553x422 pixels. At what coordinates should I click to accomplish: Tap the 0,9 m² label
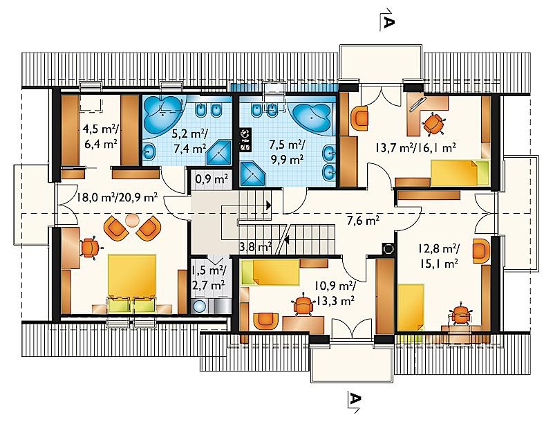pos(212,179)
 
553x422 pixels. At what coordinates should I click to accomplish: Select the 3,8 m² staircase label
pos(255,247)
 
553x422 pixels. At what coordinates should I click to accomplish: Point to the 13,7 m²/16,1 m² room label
pos(415,147)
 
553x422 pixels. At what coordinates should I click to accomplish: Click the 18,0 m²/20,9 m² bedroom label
pos(118,197)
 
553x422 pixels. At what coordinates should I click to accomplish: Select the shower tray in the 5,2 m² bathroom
pos(218,152)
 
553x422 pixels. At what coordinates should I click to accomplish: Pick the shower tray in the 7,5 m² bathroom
pos(252,174)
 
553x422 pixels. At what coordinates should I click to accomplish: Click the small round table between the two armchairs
pos(132,221)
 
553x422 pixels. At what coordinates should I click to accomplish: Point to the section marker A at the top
pos(388,21)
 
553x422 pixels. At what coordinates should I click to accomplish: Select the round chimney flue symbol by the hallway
pos(388,249)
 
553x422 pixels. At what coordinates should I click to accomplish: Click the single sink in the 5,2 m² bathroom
pos(149,152)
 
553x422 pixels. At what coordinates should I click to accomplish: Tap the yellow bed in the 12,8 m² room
pos(411,307)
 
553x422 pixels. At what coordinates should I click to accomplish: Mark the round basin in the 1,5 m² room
pos(200,306)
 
